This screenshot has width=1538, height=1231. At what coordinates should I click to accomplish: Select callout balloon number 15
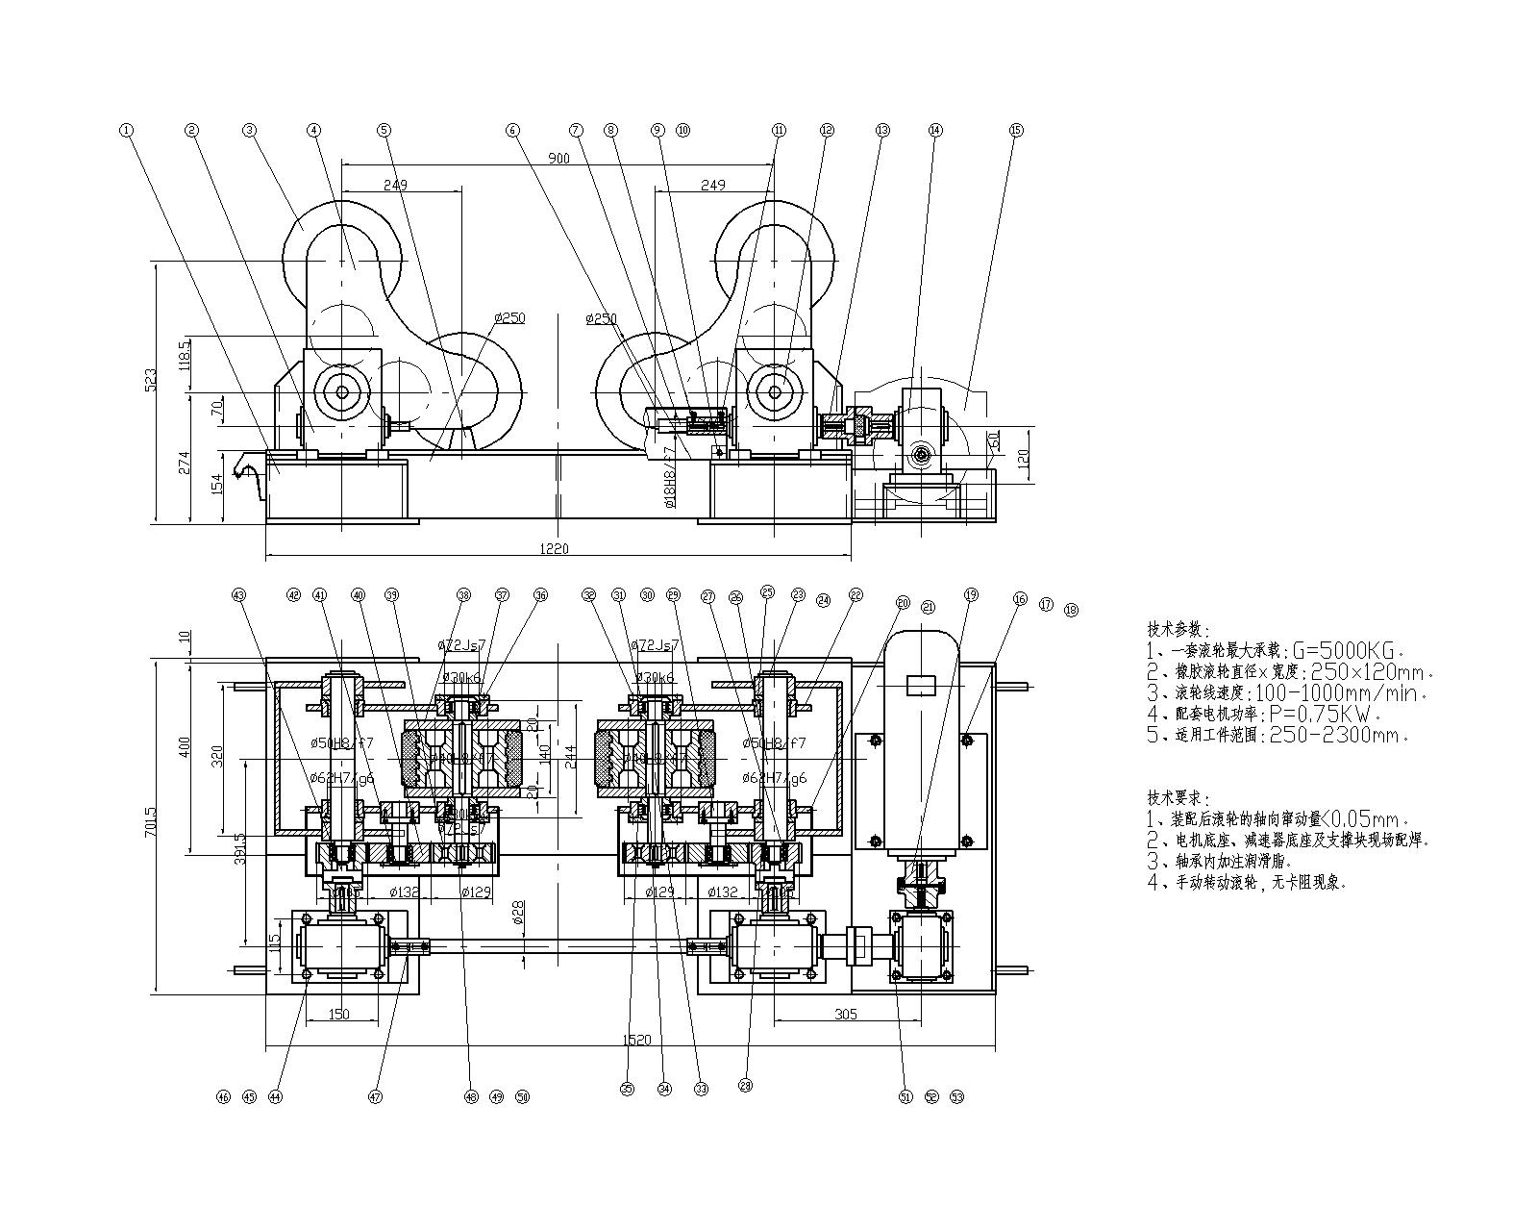tap(1016, 130)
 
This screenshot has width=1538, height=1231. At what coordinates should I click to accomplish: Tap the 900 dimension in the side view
tap(558, 158)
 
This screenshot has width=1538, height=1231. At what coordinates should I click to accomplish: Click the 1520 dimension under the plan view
tap(636, 1040)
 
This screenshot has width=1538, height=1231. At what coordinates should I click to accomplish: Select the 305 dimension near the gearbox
tap(846, 1014)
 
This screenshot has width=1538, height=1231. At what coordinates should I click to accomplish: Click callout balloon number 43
tap(239, 595)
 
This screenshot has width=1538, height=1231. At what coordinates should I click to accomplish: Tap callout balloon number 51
tap(905, 1095)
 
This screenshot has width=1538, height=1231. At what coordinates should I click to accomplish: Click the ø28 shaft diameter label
tap(518, 913)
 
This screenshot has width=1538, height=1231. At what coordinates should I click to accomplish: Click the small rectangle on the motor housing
tap(922, 686)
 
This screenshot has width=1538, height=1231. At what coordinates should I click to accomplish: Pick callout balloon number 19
tap(970, 595)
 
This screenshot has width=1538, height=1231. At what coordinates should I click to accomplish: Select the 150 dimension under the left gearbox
tap(338, 1014)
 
